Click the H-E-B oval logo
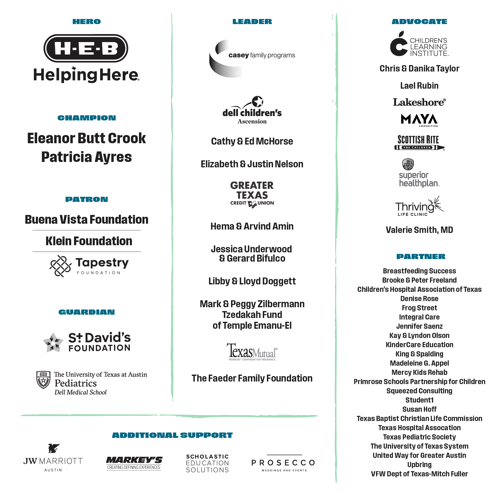coord(86,48)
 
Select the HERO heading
coord(87,22)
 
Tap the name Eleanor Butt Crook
coord(87,138)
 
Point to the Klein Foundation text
coord(89,241)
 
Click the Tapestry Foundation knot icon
coord(60,266)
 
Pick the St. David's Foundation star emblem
coord(53,343)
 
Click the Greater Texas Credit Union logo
coord(252,195)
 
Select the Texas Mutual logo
coord(252,352)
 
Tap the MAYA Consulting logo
coord(419,120)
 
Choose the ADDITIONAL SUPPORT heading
coord(172,435)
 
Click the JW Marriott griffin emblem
coord(54,448)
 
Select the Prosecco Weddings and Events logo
coord(284,464)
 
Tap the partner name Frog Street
coord(419,308)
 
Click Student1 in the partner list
coord(419,400)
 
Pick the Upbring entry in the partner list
coord(419,465)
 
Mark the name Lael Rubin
coord(419,86)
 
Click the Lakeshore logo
coord(419,102)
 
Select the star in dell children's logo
coord(258,101)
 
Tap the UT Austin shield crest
coord(43,379)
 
